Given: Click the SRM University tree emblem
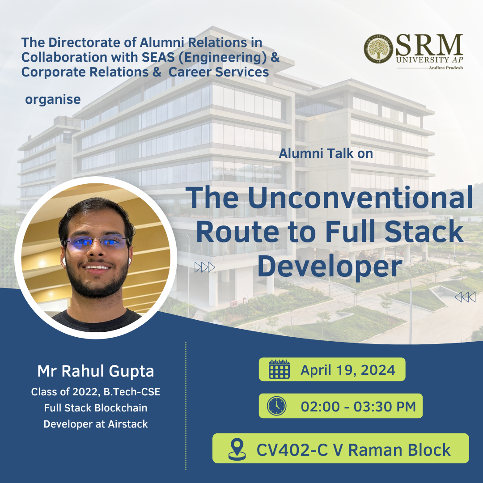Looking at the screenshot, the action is coord(378,49).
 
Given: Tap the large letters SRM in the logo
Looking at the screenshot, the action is coord(429,45).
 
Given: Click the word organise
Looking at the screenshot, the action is coord(53,99).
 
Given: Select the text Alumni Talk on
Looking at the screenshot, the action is coord(326,153).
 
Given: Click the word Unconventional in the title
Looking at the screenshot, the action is coord(360,198).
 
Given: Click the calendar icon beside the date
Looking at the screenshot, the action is coord(279,369).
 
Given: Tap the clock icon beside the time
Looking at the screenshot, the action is coord(277,406).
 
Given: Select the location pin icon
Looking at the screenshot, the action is coord(237,449).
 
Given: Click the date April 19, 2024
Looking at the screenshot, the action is coord(348,370).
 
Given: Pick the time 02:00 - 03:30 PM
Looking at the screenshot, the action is coord(358,406).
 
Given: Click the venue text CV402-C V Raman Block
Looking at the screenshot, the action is coord(354,450).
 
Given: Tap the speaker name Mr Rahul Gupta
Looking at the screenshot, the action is coord(96,371).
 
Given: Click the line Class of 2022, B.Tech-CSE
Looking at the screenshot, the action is coord(96,392).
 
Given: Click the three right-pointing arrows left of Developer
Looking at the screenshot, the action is coord(204,267).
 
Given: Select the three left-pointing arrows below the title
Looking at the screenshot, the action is coord(465,297).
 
